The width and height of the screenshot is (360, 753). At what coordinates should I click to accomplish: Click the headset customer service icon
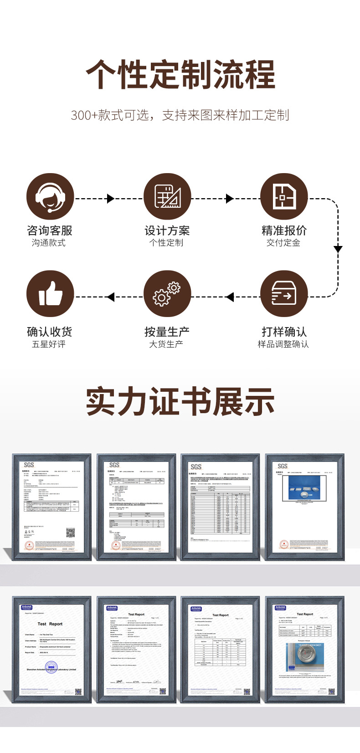point(50,197)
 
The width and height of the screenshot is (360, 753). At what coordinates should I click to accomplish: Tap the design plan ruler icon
point(167,197)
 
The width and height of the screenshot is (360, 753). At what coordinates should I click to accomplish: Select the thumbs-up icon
point(50,294)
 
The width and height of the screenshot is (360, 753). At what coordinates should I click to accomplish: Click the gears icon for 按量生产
point(167,294)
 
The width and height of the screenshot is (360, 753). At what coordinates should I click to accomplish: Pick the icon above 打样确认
point(284,294)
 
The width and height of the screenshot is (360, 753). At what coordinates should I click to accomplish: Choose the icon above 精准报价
point(284,197)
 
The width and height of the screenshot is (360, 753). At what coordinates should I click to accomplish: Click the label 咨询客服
point(50,231)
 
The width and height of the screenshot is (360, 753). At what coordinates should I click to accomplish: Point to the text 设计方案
point(167,231)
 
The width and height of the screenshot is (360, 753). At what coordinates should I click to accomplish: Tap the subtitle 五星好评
point(49,344)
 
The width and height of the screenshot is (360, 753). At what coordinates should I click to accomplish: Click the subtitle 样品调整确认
point(283,344)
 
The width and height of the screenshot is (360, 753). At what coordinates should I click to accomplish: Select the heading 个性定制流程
point(180,75)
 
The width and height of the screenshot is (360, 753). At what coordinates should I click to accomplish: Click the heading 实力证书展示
point(180,401)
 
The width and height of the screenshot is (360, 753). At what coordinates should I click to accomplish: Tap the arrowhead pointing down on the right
point(338,248)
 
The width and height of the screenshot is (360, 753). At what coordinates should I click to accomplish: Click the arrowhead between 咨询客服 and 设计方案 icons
point(110,198)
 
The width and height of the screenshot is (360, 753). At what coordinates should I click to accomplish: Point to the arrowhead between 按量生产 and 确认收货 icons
point(110,297)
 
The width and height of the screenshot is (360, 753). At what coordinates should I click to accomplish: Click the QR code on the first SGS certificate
point(70,533)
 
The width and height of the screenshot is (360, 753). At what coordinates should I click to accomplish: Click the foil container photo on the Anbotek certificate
point(304,656)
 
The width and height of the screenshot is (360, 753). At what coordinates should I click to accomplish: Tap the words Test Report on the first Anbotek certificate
point(50,624)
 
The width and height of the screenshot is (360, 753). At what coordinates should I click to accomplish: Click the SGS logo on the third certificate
point(196,466)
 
